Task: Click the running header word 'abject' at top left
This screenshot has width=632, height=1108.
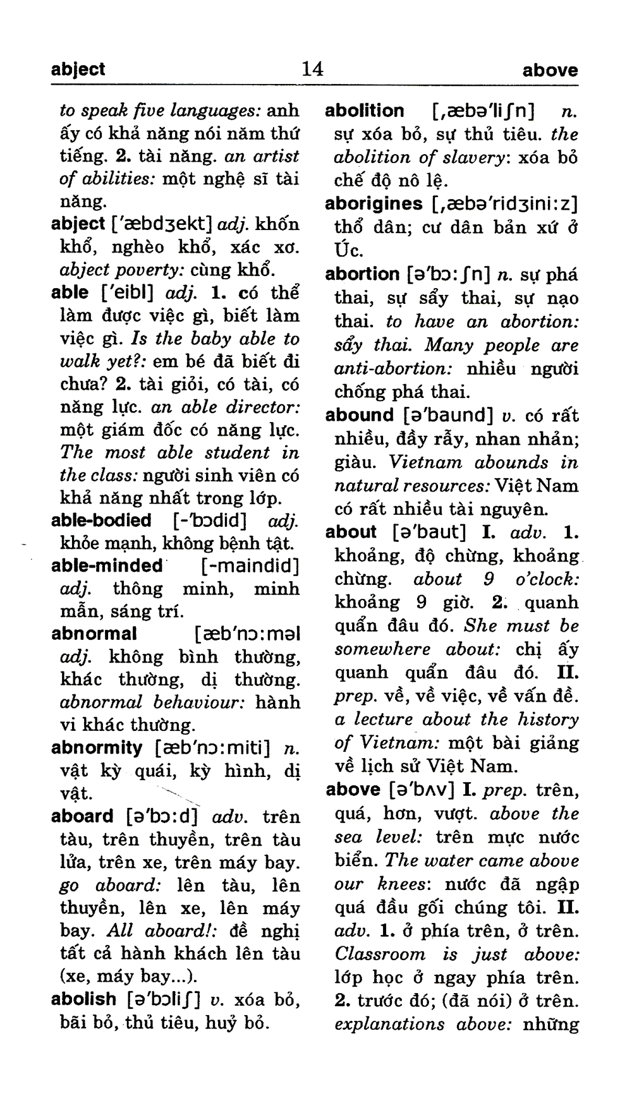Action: click(78, 69)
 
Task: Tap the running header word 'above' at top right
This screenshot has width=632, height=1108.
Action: click(550, 71)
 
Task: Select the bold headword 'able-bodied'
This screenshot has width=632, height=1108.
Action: click(101, 521)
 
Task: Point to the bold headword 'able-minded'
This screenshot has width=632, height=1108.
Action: click(107, 565)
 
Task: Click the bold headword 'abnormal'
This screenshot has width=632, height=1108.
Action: click(94, 633)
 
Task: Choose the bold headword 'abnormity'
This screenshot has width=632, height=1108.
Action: click(96, 748)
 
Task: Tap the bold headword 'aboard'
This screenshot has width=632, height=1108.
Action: click(82, 816)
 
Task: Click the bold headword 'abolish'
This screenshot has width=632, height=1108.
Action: click(83, 999)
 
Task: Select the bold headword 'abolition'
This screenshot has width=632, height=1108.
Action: click(364, 111)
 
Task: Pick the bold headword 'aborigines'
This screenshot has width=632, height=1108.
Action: click(374, 203)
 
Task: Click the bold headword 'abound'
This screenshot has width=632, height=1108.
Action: click(359, 415)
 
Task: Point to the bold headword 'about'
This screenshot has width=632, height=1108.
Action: click(351, 532)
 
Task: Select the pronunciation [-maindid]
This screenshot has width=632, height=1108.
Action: click(248, 565)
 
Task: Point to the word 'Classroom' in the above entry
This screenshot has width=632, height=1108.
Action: click(379, 954)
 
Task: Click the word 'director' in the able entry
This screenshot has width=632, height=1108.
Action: click(264, 407)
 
